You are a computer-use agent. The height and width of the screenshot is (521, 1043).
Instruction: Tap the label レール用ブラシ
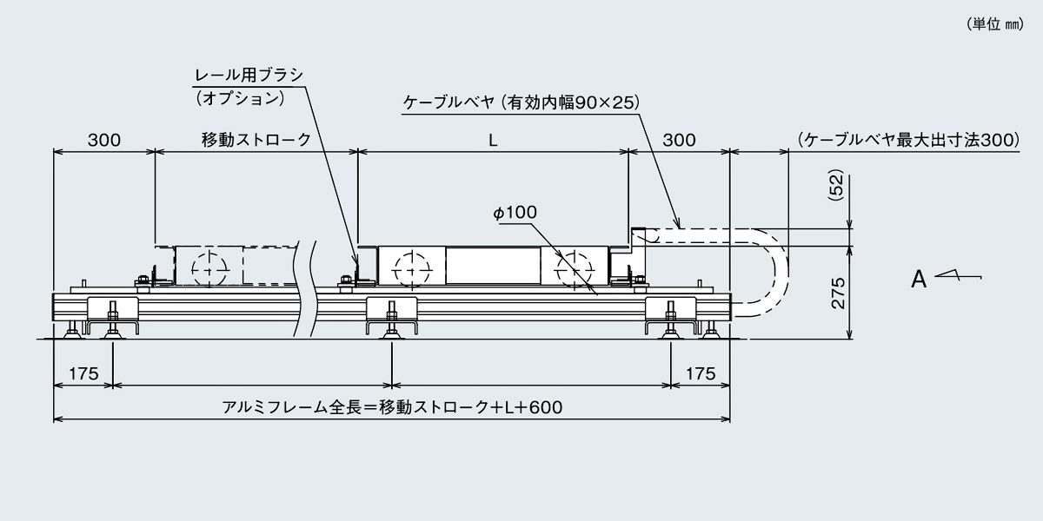tap(249, 75)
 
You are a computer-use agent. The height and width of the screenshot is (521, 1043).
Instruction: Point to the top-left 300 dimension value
tap(103, 140)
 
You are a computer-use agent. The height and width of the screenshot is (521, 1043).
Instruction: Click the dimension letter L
tap(493, 140)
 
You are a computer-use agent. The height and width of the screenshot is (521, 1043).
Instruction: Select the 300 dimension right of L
tap(678, 140)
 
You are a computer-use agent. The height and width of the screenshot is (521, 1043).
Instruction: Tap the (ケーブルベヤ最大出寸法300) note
tap(907, 140)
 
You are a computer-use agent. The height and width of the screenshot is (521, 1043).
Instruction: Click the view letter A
tap(918, 280)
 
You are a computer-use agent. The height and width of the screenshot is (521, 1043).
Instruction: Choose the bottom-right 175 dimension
tap(700, 373)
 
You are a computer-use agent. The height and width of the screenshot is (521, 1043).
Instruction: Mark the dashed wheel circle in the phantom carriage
tap(208, 269)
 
